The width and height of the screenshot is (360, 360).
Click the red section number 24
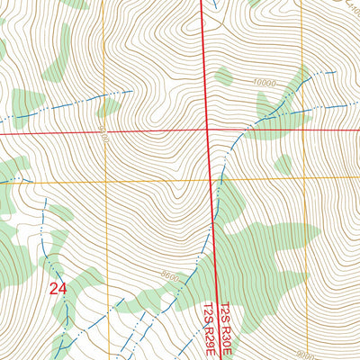(58, 289)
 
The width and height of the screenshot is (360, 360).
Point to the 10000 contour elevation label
(264, 83)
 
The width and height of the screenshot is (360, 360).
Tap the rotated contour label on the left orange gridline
(104, 136)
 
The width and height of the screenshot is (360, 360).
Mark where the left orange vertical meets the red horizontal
(103, 132)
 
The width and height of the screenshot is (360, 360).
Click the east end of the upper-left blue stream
(133, 91)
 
